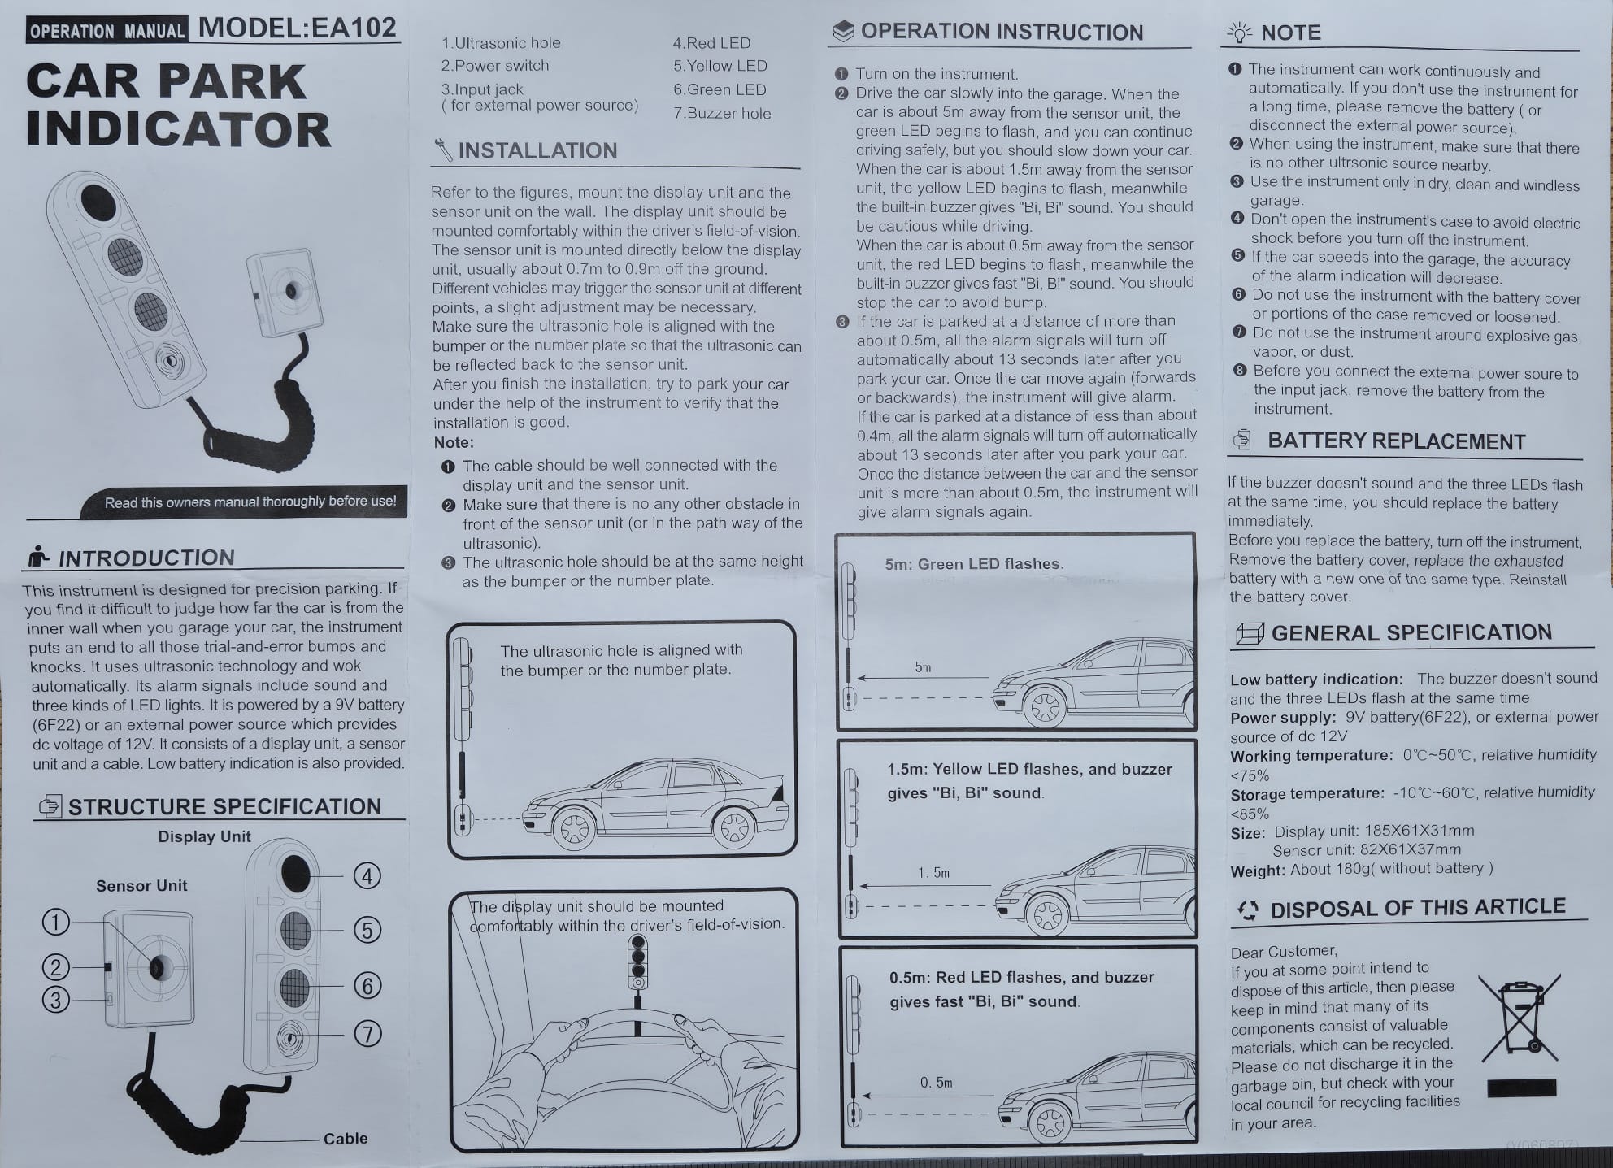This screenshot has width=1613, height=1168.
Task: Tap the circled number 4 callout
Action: [367, 875]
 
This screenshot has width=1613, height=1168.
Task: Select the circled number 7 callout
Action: [367, 1033]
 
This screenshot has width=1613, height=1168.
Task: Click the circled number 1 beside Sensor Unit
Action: [56, 922]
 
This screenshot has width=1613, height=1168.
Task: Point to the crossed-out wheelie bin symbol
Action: [1518, 1019]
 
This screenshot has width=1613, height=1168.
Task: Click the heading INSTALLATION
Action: [537, 150]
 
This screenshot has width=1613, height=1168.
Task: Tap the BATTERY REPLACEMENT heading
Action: [1396, 441]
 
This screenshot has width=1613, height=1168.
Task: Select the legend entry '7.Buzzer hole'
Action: [722, 113]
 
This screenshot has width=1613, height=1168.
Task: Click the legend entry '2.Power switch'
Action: [495, 65]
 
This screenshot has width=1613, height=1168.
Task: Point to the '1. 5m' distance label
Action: [933, 872]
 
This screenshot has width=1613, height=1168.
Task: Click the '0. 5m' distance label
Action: [936, 1082]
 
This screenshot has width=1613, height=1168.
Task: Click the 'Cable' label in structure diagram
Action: [346, 1138]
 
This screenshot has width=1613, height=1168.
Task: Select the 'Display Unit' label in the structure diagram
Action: [204, 836]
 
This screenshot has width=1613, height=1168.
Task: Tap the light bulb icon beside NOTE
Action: [1239, 33]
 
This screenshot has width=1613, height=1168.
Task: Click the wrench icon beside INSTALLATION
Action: [443, 150]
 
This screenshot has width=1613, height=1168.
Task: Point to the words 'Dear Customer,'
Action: [1283, 951]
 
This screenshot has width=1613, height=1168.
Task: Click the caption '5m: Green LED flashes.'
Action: [974, 563]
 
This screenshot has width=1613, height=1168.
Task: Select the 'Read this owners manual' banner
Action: [250, 502]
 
